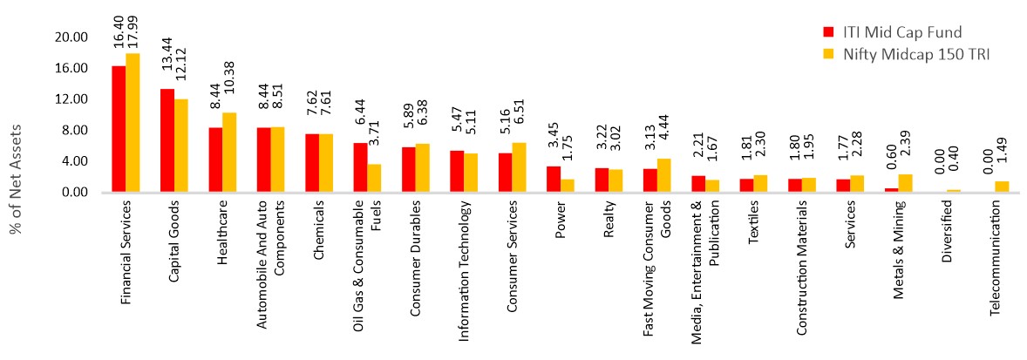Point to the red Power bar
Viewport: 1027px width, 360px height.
point(554,179)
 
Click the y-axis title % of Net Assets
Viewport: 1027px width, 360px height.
point(17,180)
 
